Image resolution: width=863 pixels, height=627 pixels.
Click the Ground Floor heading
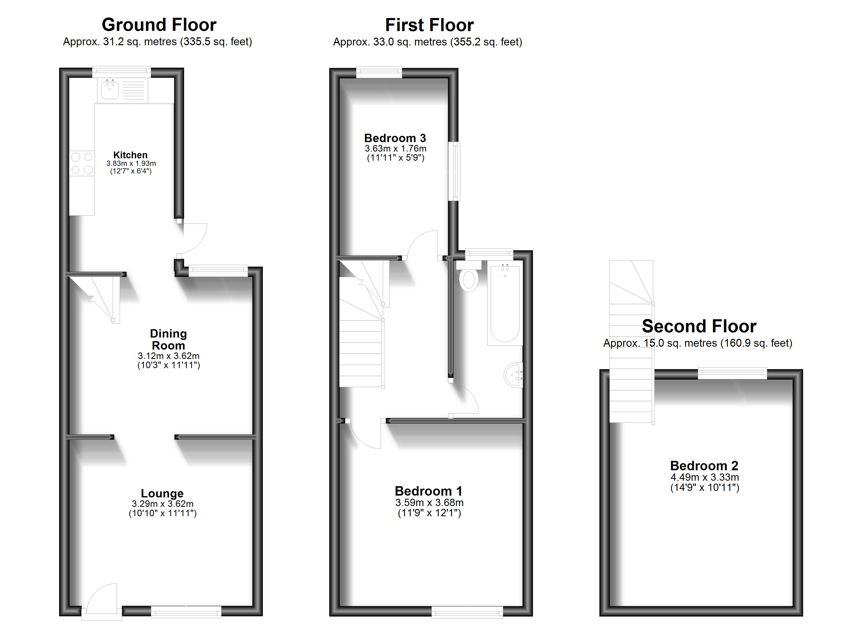159,25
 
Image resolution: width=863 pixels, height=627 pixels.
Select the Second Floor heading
699,326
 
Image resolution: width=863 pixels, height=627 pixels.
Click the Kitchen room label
130,155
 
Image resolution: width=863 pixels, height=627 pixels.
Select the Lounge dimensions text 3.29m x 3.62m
162,504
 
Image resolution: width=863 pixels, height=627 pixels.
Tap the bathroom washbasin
513,375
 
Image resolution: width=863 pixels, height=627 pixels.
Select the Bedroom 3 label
395,138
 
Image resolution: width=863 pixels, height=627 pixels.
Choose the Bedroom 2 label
704,466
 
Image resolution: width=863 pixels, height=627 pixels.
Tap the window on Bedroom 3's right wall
454,171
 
